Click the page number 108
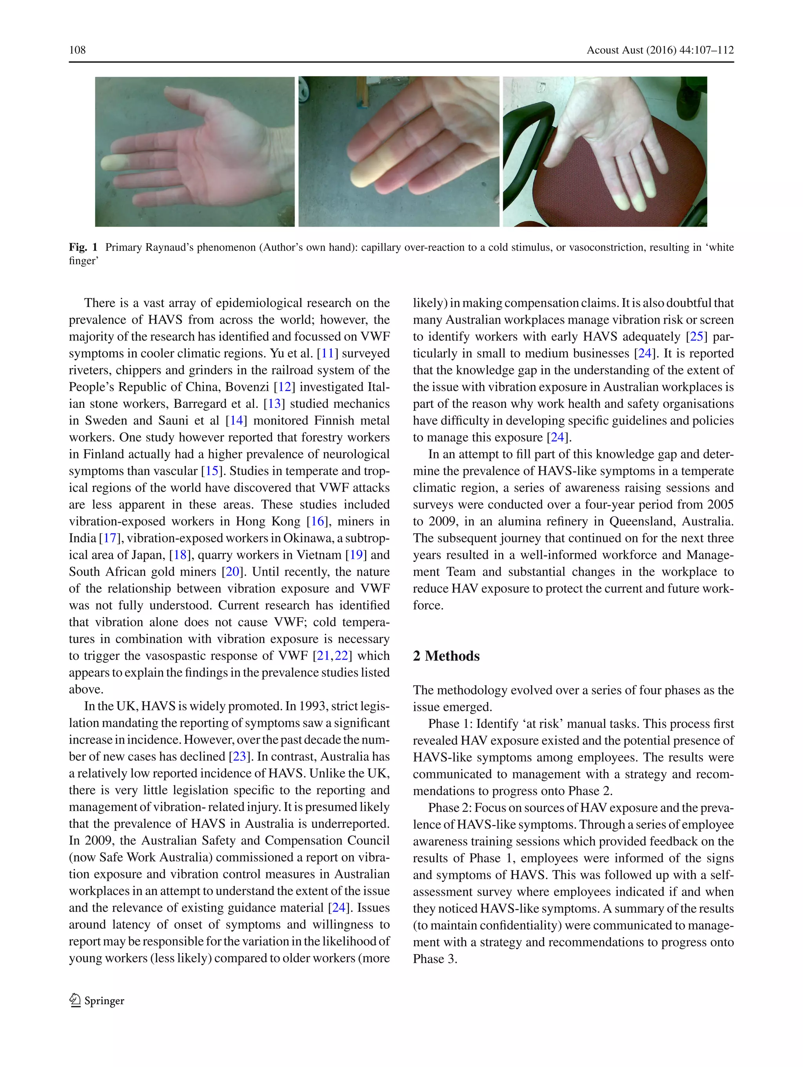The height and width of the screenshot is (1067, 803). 77,50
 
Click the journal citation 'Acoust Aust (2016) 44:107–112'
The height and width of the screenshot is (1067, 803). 660,50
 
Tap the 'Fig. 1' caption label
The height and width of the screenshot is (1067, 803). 83,247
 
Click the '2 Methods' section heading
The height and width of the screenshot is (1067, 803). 446,656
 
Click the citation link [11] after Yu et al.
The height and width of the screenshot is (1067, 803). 327,354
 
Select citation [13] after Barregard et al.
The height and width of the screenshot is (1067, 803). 274,404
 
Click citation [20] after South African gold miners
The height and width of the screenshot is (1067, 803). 233,572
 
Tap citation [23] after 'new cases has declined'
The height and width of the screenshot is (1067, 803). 239,756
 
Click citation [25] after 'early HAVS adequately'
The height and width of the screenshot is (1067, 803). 696,337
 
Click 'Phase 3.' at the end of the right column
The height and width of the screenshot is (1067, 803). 434,958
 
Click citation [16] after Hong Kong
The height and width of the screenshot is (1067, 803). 317,522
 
